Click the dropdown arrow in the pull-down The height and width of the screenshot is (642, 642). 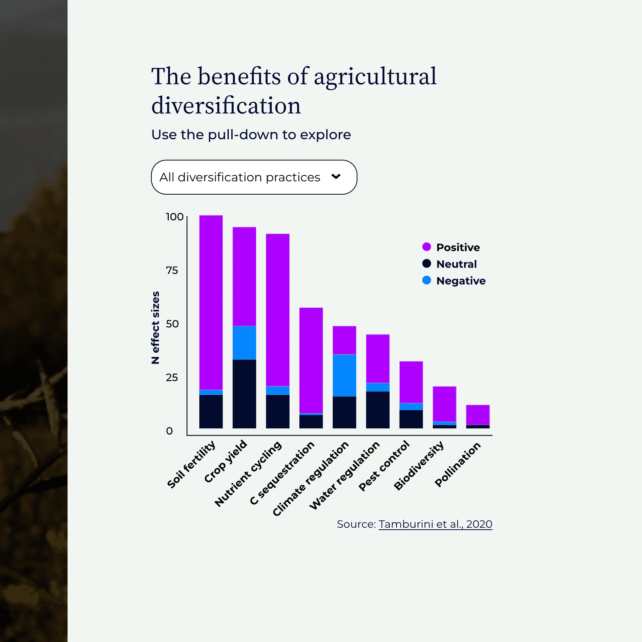click(x=336, y=176)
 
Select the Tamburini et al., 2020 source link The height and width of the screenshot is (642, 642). click(x=435, y=524)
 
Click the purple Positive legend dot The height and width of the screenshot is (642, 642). click(x=426, y=247)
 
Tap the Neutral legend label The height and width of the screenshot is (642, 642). click(x=456, y=264)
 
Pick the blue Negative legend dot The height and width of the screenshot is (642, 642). click(x=426, y=280)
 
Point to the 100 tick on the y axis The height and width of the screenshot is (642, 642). click(x=175, y=217)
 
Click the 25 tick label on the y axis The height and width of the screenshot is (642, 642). click(x=172, y=378)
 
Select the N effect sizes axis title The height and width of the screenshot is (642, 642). click(x=155, y=327)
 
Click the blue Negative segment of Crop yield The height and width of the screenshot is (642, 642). click(x=244, y=343)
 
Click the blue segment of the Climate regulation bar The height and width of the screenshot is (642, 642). click(x=345, y=375)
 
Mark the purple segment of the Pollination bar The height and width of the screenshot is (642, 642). click(x=478, y=415)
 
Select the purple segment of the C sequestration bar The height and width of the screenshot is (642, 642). click(x=311, y=360)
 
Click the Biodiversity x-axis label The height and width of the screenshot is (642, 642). click(x=419, y=465)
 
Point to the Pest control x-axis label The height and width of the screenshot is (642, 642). click(x=384, y=466)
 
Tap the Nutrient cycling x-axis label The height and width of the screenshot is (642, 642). click(x=248, y=474)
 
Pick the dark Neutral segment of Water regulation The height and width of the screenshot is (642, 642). click(x=378, y=410)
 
